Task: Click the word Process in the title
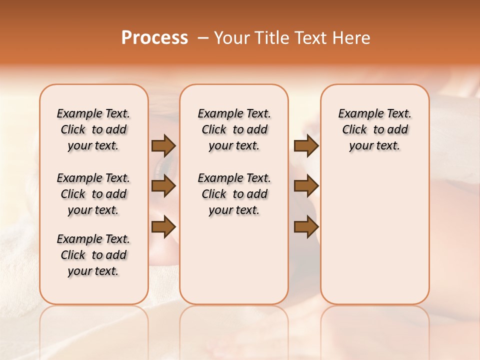pyautogui.click(x=154, y=37)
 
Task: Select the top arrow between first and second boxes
pyautogui.click(x=163, y=145)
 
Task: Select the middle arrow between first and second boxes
pyautogui.click(x=163, y=186)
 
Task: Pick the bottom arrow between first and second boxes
pyautogui.click(x=163, y=227)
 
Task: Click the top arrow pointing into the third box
pyautogui.click(x=306, y=145)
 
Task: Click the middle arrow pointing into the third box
pyautogui.click(x=306, y=186)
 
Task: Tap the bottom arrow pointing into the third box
pyautogui.click(x=306, y=227)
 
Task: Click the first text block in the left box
pyautogui.click(x=93, y=129)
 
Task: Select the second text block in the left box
pyautogui.click(x=93, y=194)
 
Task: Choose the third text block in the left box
pyautogui.click(x=93, y=255)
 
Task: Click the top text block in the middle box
pyautogui.click(x=234, y=129)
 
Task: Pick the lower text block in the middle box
pyautogui.click(x=234, y=194)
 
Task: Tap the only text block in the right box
pyautogui.click(x=374, y=129)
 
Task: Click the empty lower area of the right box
pyautogui.click(x=374, y=235)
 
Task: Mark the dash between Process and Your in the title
pyautogui.click(x=203, y=38)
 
